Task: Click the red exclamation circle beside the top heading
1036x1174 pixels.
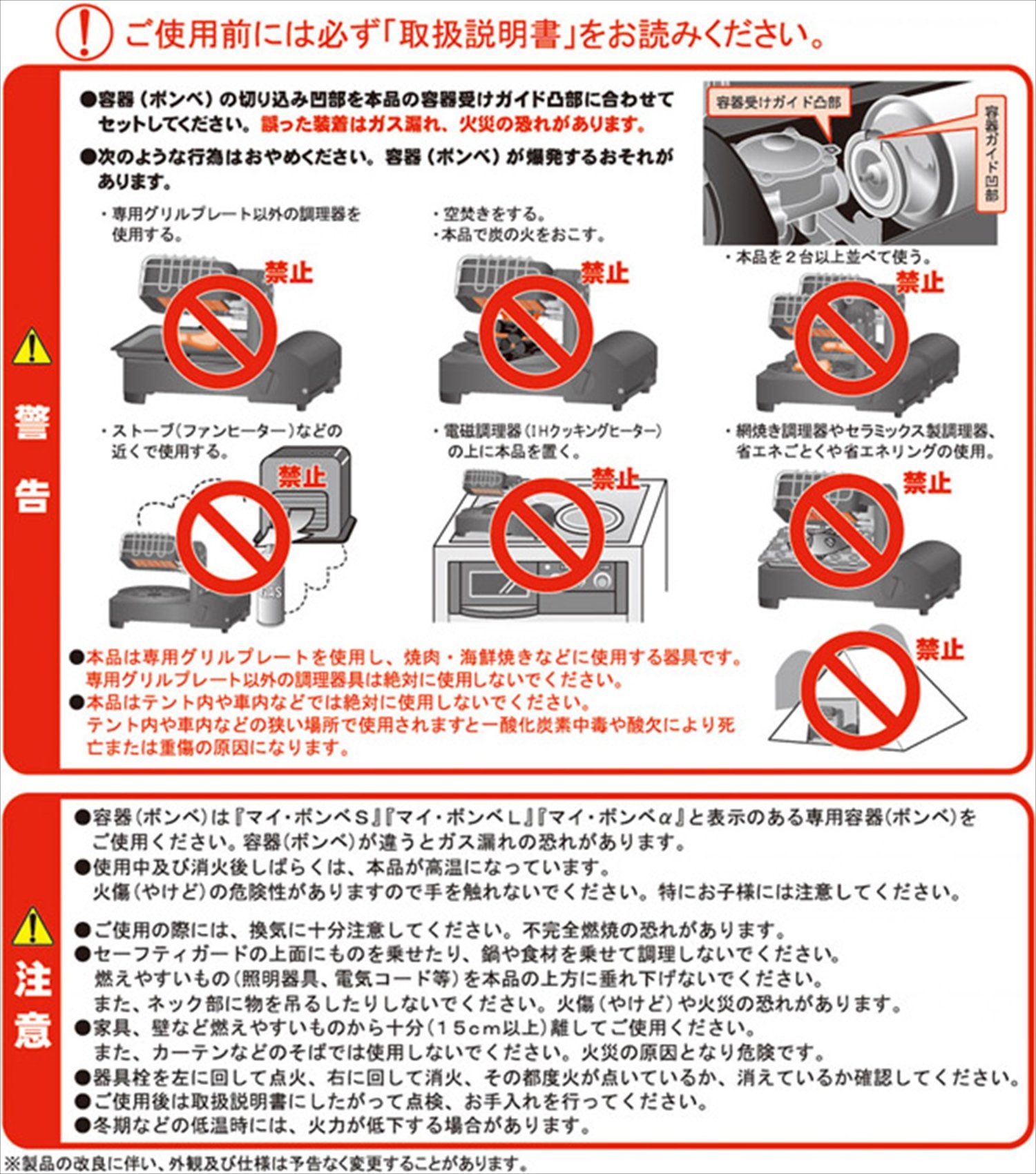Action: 84,33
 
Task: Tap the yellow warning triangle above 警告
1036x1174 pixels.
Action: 32,347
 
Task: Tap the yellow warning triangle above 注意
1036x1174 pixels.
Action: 32,927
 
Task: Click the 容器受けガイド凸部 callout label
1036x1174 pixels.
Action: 778,103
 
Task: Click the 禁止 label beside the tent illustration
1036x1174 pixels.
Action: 939,650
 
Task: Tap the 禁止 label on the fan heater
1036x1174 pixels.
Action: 302,476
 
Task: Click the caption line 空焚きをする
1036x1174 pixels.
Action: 489,214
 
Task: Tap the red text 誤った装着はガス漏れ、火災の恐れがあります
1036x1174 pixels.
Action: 454,125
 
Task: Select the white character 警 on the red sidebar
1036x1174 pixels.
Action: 32,422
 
